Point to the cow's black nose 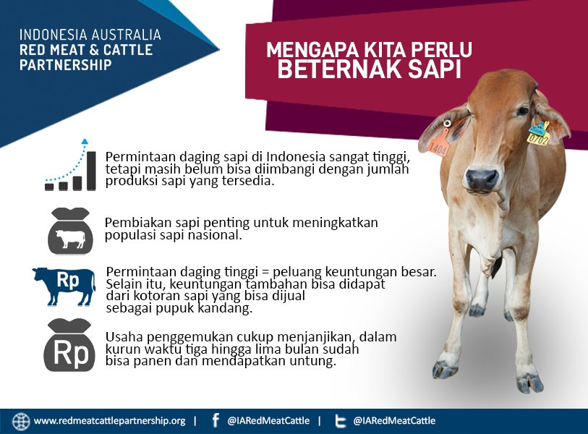(482, 179)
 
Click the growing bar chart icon (71, 168)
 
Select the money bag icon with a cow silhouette (71, 231)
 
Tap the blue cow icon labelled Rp (64, 285)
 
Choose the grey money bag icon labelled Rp (70, 346)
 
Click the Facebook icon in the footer (216, 421)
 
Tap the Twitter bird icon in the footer (341, 421)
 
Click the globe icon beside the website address (21, 421)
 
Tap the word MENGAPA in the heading (309, 51)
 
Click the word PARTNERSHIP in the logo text (66, 65)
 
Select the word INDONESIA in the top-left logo (54, 35)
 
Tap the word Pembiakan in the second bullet (136, 223)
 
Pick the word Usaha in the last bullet (122, 337)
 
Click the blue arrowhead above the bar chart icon (85, 142)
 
